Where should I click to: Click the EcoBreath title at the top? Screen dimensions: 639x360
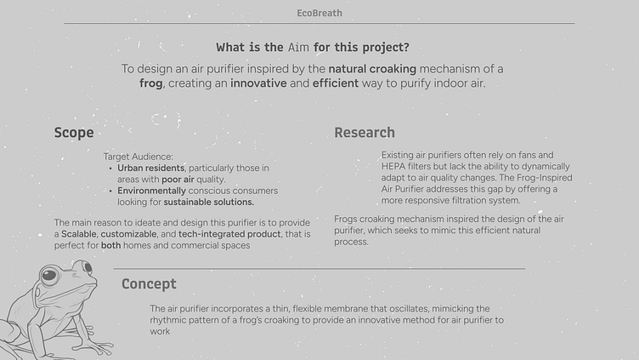[x=319, y=13]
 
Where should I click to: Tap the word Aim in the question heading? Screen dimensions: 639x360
[x=298, y=48]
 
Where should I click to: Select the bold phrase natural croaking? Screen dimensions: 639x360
[x=372, y=69]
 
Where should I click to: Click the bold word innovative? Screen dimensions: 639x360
[x=258, y=83]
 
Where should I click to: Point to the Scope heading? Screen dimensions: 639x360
[x=74, y=133]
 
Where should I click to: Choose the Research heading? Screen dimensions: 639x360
[x=365, y=133]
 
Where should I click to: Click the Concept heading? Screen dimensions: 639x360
[x=149, y=283]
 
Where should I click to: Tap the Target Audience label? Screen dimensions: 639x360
[x=139, y=157]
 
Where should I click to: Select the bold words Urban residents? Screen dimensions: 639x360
[x=150, y=169]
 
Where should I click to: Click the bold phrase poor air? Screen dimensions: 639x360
[x=178, y=180]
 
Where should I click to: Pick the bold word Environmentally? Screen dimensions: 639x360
[x=151, y=191]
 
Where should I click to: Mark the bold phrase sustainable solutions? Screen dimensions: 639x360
[x=209, y=202]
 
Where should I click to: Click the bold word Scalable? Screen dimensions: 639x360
[x=79, y=234]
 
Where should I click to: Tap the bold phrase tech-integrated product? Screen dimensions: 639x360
[x=229, y=234]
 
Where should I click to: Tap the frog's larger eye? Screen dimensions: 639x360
[x=49, y=275]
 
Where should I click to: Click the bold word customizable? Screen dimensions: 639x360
[x=128, y=234]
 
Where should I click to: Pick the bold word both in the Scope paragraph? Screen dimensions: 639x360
[x=110, y=245]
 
